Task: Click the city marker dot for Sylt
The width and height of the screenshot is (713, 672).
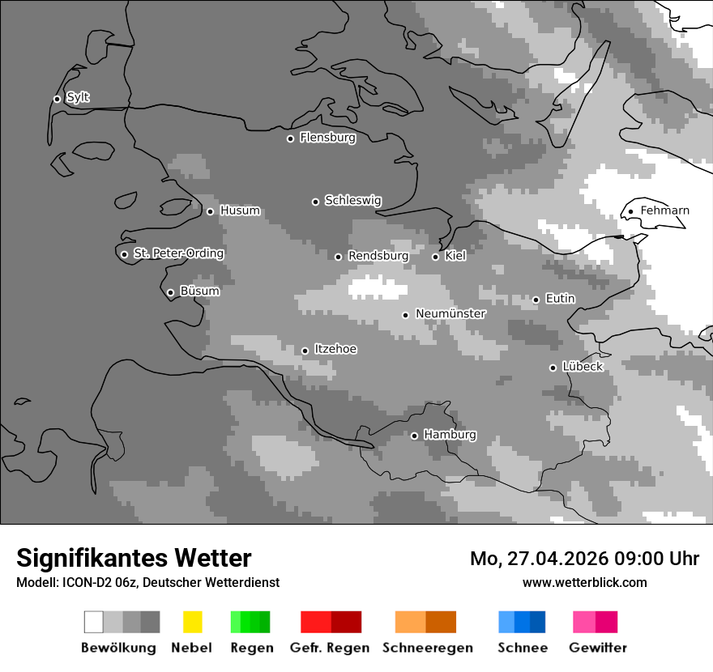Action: pyautogui.click(x=57, y=100)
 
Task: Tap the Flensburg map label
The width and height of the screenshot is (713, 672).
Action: pyautogui.click(x=327, y=138)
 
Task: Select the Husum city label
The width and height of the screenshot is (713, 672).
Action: pyautogui.click(x=240, y=211)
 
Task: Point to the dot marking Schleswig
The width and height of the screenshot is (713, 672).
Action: pyautogui.click(x=315, y=202)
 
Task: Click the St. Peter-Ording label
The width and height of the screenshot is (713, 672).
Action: pyautogui.click(x=178, y=253)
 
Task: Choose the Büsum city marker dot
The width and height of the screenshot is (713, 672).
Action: pyautogui.click(x=170, y=293)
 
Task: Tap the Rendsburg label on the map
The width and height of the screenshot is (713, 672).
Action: pyautogui.click(x=378, y=256)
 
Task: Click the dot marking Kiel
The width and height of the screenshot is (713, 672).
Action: pyautogui.click(x=435, y=257)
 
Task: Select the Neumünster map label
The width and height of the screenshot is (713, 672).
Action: pyautogui.click(x=450, y=313)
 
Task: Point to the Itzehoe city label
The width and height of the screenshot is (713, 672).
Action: pyautogui.click(x=335, y=349)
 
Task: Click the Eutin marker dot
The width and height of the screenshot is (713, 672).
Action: pyautogui.click(x=536, y=300)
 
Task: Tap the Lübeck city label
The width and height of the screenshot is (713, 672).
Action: pyautogui.click(x=583, y=367)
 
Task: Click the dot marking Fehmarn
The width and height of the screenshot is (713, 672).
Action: pyautogui.click(x=630, y=212)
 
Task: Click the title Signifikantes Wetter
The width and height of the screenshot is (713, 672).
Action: pyautogui.click(x=134, y=558)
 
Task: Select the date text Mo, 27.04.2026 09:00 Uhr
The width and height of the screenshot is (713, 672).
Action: pyautogui.click(x=584, y=559)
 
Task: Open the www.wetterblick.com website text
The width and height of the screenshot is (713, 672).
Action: pyautogui.click(x=584, y=582)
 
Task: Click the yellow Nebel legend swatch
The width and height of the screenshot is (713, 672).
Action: pyautogui.click(x=192, y=622)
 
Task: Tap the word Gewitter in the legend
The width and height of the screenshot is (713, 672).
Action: pyautogui.click(x=597, y=648)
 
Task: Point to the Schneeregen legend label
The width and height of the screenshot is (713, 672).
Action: pyautogui.click(x=427, y=648)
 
